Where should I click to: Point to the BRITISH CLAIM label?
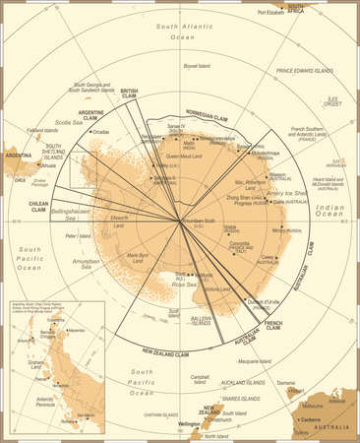pyautogui.click(x=128, y=93)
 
